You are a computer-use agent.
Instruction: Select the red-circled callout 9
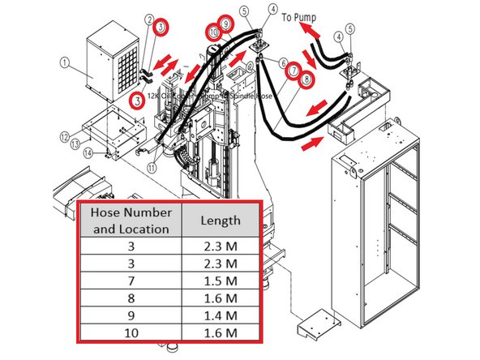pyautogui.click(x=227, y=24)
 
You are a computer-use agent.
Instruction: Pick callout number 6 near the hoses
pyautogui.click(x=283, y=62)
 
